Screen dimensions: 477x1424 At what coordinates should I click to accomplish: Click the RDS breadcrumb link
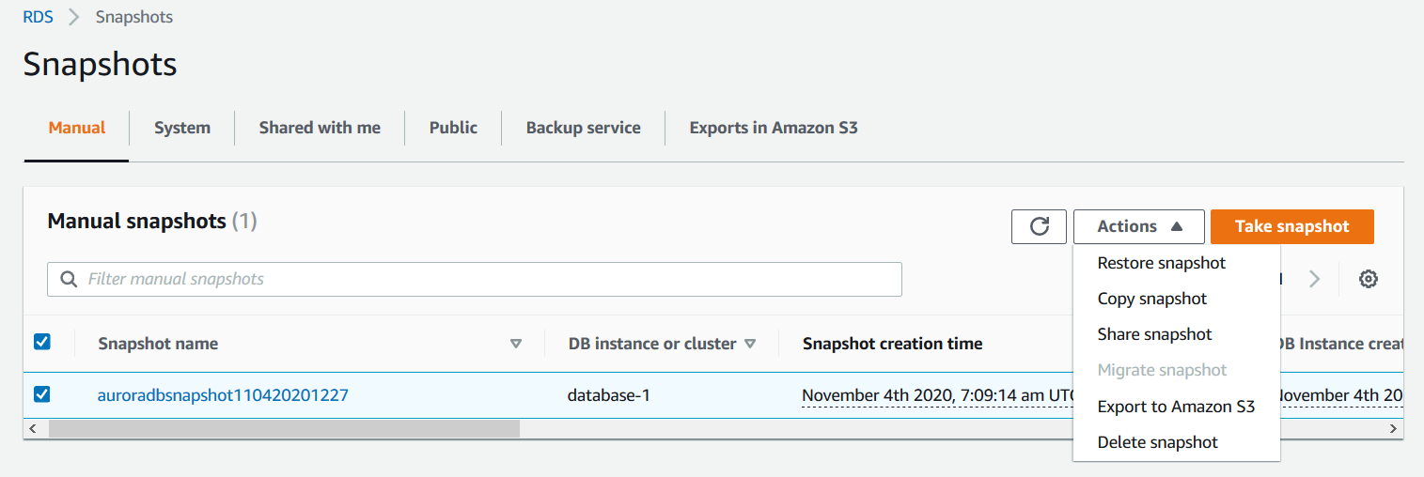point(38,17)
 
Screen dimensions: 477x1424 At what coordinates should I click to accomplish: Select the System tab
point(182,128)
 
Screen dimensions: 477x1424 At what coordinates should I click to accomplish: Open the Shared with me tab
point(320,128)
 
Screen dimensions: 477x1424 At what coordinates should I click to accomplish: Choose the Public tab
point(453,128)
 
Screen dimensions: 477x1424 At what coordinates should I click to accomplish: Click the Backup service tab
point(583,128)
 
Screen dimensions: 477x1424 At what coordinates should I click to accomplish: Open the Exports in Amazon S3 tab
point(773,128)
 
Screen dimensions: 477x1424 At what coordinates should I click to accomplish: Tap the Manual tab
point(77,128)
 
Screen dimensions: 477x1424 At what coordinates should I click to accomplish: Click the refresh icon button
point(1039,226)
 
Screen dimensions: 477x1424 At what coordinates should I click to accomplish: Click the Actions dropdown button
point(1138,226)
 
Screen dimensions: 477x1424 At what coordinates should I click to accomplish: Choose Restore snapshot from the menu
point(1161,263)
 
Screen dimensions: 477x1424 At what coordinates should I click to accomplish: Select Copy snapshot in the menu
point(1151,299)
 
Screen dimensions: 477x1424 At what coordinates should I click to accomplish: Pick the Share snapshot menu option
point(1154,334)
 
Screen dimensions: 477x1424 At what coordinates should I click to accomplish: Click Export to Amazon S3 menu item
point(1176,407)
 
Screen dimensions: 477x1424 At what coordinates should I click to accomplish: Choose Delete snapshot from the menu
point(1157,442)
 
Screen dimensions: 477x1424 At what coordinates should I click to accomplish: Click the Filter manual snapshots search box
point(475,279)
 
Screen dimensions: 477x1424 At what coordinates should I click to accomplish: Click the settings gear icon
point(1369,279)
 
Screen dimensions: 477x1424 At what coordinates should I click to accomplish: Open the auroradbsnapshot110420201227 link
point(223,395)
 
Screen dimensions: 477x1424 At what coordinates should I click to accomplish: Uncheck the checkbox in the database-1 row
point(41,394)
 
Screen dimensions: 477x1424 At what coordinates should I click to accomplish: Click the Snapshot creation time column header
point(892,344)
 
